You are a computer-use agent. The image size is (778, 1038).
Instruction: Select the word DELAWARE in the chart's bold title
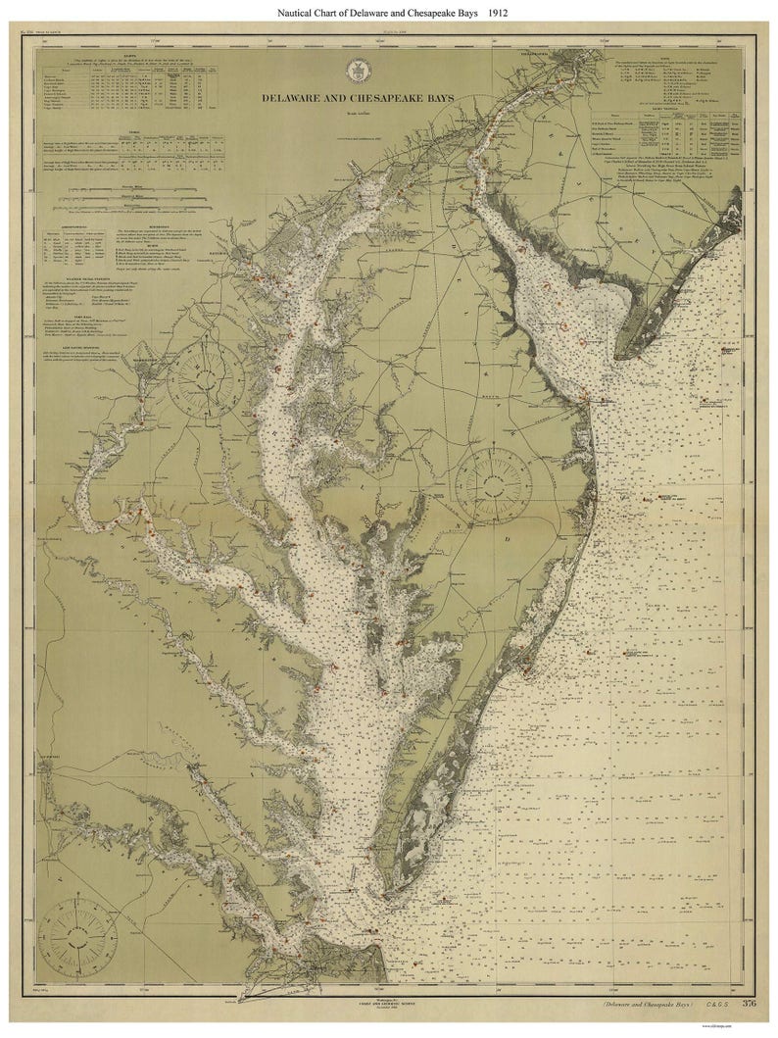click(x=300, y=98)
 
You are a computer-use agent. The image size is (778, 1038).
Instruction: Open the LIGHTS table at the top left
click(x=127, y=86)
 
